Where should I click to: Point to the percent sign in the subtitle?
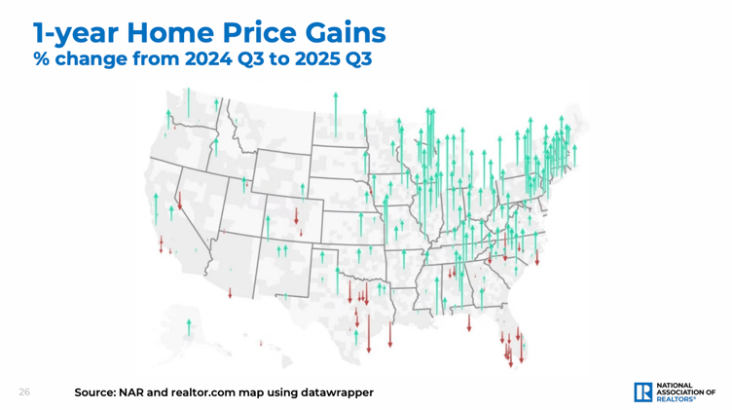click(42, 59)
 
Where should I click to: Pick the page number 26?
click(23, 391)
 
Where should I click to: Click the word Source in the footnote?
click(103, 391)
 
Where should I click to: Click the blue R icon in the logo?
click(643, 391)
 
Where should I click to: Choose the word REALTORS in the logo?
click(679, 399)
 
